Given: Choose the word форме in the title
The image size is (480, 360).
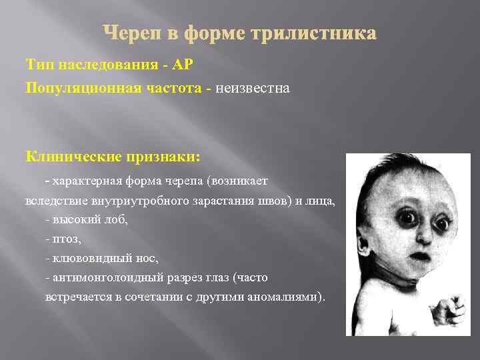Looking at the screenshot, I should (203, 33).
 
